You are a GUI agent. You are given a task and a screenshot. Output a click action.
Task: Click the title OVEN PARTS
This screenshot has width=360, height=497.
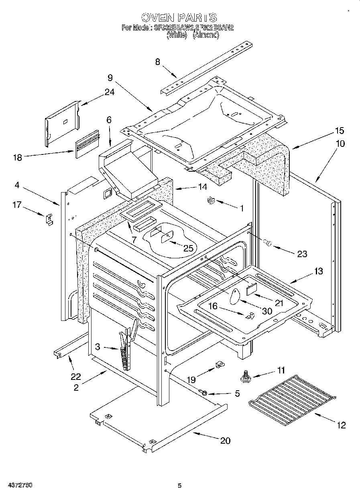[x=179, y=17]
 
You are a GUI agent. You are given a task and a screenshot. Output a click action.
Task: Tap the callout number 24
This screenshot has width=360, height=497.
[x=109, y=92]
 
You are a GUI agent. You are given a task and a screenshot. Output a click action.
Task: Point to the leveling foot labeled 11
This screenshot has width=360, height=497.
[x=245, y=376]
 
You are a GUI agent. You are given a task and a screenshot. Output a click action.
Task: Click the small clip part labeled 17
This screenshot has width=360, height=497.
[x=49, y=219]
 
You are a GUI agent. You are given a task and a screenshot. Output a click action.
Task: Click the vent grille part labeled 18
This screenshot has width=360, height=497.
[x=85, y=143]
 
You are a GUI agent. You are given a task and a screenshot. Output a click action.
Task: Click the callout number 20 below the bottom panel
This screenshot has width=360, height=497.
[x=226, y=440]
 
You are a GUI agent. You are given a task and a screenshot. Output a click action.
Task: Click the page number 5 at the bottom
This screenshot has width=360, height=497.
[x=180, y=485]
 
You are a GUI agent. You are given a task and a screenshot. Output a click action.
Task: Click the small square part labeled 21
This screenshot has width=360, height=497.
[x=252, y=288]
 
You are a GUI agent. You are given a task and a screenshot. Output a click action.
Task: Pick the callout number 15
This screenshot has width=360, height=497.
[x=340, y=131]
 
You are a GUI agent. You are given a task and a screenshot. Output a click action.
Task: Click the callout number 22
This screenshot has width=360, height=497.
[x=76, y=377]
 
